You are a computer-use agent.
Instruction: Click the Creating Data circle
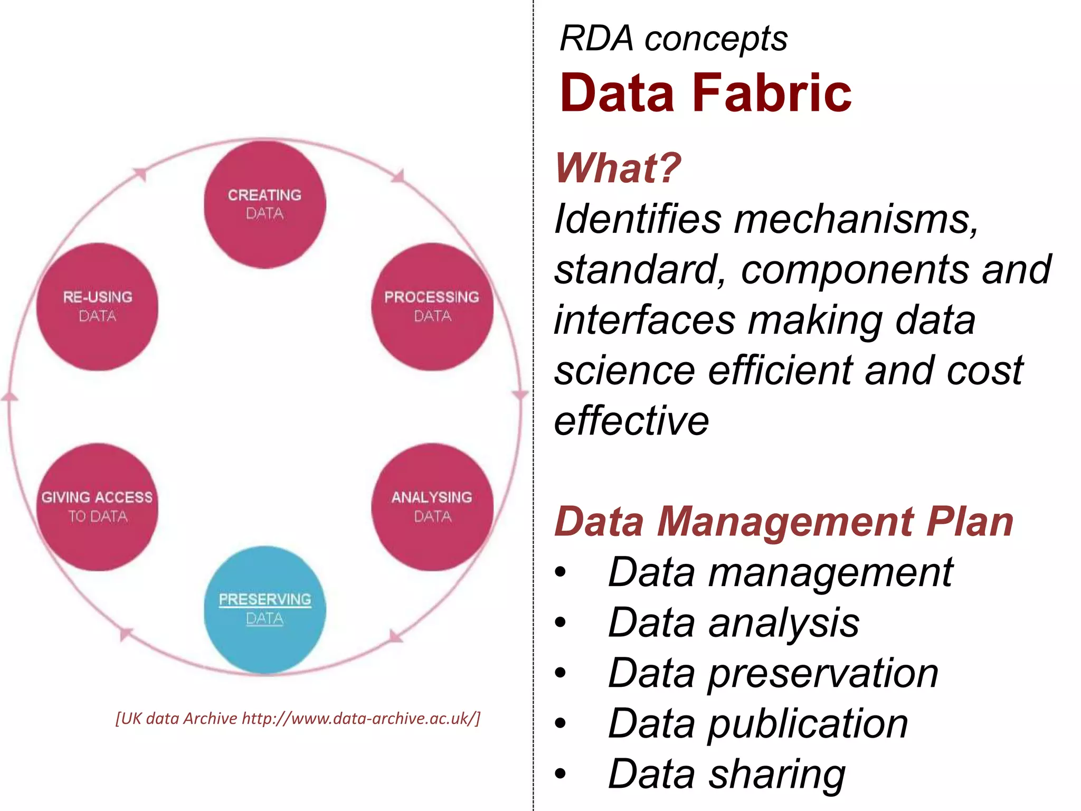(264, 204)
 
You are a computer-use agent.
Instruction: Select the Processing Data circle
(432, 306)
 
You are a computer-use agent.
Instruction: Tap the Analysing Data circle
(432, 507)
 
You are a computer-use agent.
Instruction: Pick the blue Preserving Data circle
(264, 609)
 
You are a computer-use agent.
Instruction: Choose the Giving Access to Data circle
(97, 507)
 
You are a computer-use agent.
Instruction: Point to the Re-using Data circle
(97, 306)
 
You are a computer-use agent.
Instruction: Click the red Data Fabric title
(706, 93)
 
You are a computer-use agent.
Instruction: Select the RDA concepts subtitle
(674, 39)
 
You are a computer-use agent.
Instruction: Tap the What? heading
(618, 168)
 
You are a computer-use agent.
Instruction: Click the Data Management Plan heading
(784, 522)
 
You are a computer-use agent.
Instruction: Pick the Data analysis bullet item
(734, 623)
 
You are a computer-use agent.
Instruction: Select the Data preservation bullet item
(773, 673)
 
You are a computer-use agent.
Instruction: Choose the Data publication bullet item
(758, 723)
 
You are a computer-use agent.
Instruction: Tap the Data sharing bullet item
(727, 774)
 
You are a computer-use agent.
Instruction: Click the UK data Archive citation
(298, 719)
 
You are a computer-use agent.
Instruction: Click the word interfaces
(644, 320)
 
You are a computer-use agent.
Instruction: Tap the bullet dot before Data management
(561, 572)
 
